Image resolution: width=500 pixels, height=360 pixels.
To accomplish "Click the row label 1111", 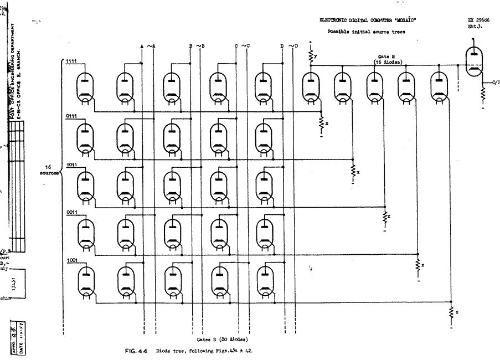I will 71,61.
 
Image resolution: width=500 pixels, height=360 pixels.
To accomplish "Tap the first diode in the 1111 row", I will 84,86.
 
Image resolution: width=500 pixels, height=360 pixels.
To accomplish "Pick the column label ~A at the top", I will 151,46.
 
